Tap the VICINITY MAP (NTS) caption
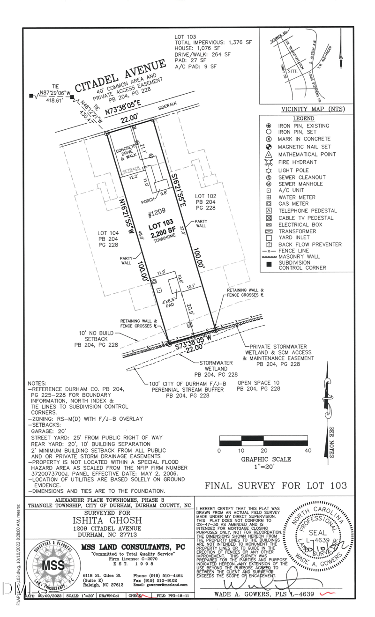313,109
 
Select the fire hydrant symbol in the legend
269,162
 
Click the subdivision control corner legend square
269,265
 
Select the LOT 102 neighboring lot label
205,196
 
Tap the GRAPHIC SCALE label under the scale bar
266,459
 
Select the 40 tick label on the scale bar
307,450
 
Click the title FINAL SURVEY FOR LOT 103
276,486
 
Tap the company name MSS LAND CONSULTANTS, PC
133,547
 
